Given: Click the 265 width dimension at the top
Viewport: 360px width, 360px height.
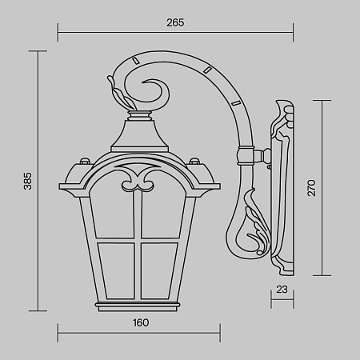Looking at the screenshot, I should (x=175, y=22).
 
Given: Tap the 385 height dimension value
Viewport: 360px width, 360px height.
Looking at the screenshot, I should (x=27, y=183).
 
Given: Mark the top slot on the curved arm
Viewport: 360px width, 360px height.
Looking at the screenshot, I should (x=138, y=61).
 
